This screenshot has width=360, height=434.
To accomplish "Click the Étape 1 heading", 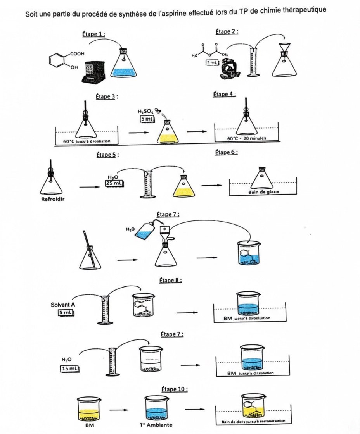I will click(93, 34).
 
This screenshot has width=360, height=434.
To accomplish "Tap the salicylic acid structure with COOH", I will click(64, 60).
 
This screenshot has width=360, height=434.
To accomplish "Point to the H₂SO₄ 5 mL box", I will click(148, 119).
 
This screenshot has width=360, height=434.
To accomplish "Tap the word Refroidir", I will click(52, 200).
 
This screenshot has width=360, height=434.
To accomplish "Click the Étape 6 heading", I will click(226, 153).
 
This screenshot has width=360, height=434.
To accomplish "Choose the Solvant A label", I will click(63, 305).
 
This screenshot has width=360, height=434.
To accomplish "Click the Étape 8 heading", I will click(171, 280).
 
